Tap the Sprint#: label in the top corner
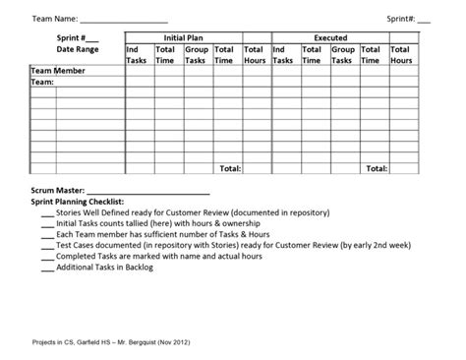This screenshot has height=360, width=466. (401, 19)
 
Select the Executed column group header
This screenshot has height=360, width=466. (342, 37)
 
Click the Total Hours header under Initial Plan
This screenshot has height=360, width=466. (255, 54)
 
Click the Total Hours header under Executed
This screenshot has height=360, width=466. (401, 54)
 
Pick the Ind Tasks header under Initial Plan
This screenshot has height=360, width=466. (138, 54)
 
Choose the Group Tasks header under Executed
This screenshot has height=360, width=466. (342, 54)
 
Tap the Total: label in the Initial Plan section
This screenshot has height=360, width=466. (229, 168)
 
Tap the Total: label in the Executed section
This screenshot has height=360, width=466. (376, 168)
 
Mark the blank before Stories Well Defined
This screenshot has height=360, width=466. (47, 212)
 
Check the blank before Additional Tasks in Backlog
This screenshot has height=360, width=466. (47, 267)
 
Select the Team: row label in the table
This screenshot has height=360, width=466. (43, 83)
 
